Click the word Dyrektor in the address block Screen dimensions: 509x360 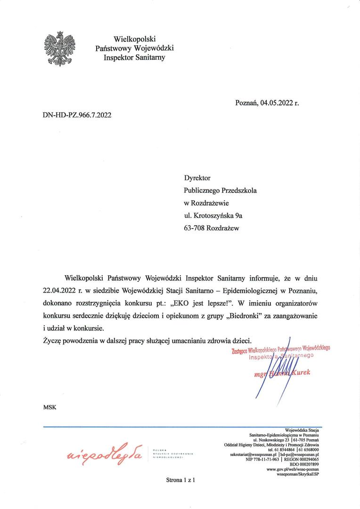click(197, 178)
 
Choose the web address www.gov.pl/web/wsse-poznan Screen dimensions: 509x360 click(293, 469)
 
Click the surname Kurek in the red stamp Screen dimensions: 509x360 click(301, 373)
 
